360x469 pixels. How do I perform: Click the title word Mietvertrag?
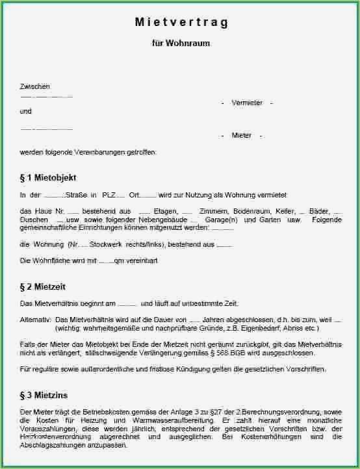pos(181,23)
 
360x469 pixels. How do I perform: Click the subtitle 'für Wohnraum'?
pos(181,44)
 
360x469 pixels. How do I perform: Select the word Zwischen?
pos(35,86)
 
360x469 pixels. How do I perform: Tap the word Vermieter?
pos(247,103)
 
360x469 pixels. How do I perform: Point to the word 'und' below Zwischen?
pos(26,111)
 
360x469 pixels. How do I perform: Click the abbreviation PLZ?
pos(109,195)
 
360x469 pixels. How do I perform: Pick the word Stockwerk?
pos(113,244)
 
